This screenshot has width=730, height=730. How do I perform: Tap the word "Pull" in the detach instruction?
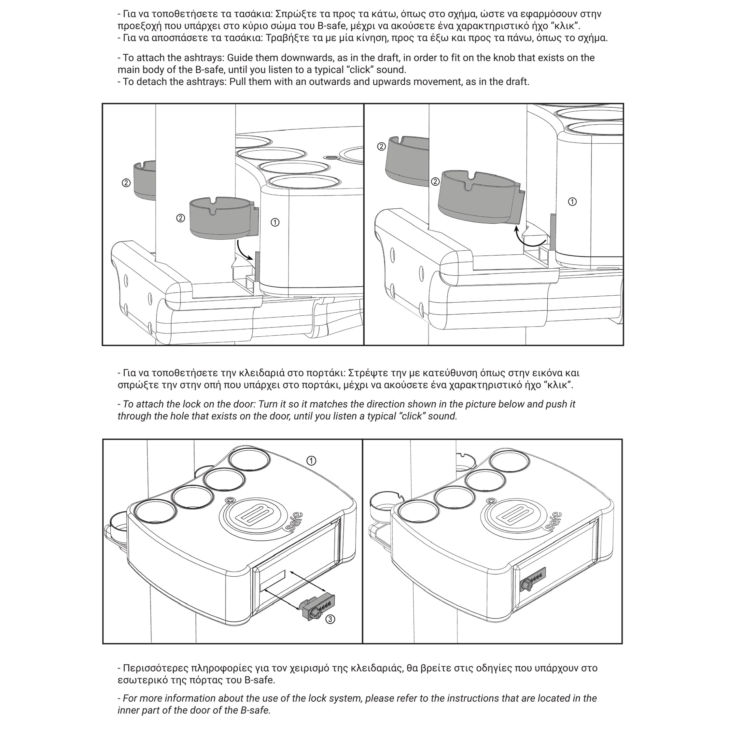(x=238, y=82)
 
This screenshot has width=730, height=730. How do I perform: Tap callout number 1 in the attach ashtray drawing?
(x=275, y=222)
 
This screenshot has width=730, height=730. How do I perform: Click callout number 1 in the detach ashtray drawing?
(x=572, y=202)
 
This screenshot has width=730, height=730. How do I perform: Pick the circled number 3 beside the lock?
(x=330, y=619)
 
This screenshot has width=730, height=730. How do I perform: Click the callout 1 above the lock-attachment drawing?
(x=311, y=461)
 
